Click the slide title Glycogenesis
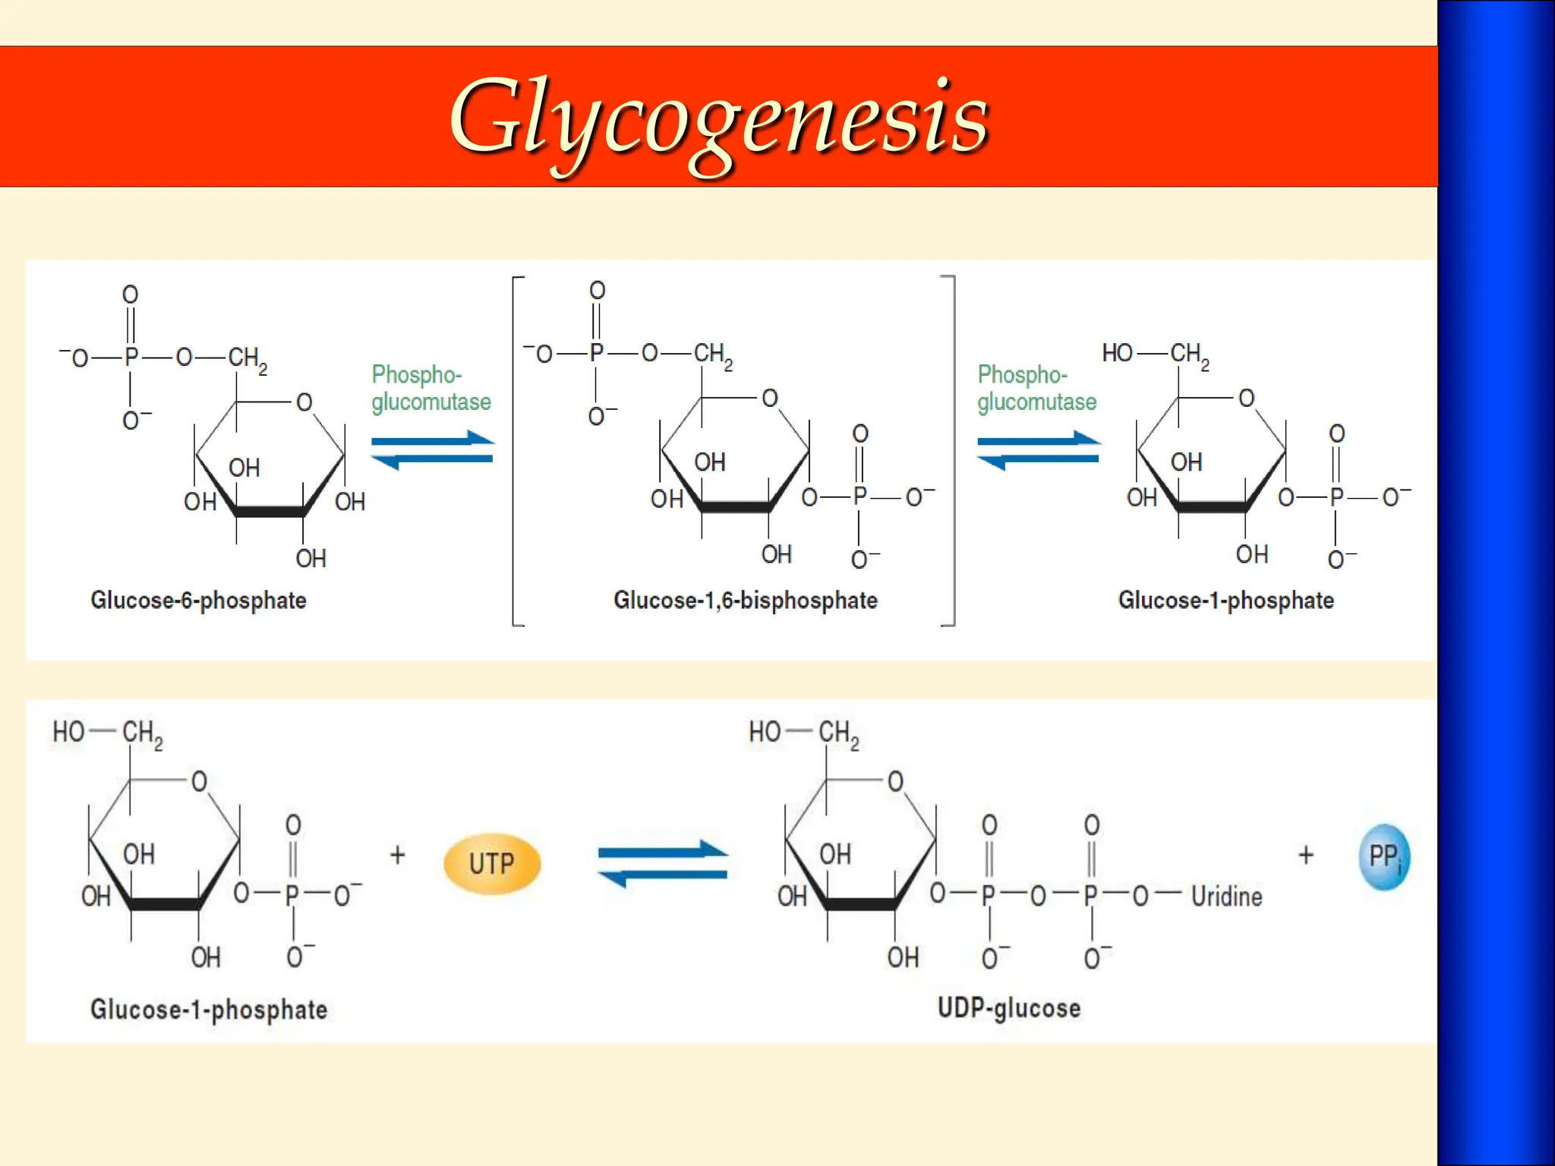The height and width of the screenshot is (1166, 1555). [718, 118]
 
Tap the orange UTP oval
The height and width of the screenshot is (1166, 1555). [492, 863]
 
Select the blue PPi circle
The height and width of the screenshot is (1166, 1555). [1384, 857]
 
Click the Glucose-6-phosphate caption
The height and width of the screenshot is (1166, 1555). [198, 600]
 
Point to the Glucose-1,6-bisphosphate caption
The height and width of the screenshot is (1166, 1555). [745, 600]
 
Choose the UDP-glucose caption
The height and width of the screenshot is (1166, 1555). [1009, 1008]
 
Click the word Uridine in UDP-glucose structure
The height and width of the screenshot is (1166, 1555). [1226, 897]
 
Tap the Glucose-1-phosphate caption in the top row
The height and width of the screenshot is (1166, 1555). [1225, 600]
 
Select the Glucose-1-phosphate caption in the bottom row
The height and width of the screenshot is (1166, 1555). [209, 1010]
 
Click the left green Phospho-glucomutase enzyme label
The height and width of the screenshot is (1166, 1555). [431, 388]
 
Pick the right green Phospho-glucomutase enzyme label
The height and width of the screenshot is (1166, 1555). [1036, 388]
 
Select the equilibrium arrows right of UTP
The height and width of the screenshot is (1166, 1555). [663, 864]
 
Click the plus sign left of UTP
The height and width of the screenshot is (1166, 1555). [397, 856]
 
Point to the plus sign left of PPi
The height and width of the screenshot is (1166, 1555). [1306, 856]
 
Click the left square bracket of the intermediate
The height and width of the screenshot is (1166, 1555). [516, 451]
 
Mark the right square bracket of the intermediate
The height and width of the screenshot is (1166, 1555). [951, 451]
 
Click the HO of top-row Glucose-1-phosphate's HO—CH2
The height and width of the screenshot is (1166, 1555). [1117, 353]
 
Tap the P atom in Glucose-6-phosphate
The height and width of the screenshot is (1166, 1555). [131, 357]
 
